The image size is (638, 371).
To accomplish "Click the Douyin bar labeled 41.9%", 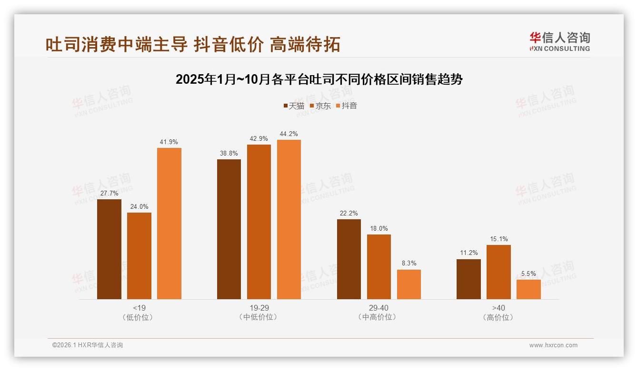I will [x=169, y=224].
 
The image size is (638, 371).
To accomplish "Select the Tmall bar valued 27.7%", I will [x=109, y=249].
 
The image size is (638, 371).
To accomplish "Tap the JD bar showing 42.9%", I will [x=259, y=222].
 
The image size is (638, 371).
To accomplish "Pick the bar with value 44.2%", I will [x=289, y=219].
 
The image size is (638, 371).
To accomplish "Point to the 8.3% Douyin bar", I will [x=409, y=284].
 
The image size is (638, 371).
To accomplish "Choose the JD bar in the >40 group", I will [x=498, y=272].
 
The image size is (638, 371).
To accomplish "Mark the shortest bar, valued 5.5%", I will [x=528, y=289].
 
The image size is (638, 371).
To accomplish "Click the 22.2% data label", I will [x=349, y=213].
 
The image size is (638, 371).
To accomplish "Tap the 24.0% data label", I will [x=139, y=206].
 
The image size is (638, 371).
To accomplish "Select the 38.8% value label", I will [x=229, y=153].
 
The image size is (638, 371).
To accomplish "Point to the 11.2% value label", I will [x=469, y=253].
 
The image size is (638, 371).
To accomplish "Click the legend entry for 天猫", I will [x=294, y=106].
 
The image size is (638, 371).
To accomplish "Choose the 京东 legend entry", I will [x=320, y=106].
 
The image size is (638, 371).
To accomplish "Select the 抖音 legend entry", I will [x=347, y=106].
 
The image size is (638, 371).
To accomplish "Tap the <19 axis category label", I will [x=139, y=308].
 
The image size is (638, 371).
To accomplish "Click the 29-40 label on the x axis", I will [x=379, y=308].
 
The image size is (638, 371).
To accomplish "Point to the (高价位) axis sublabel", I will [x=498, y=317].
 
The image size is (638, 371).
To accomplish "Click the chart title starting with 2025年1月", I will [x=319, y=79].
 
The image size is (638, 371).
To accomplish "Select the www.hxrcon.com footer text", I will [x=553, y=345].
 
